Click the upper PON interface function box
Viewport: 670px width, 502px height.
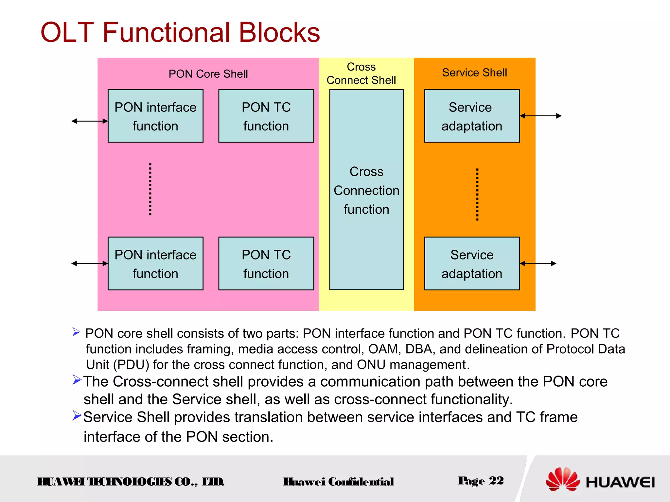point(155,116)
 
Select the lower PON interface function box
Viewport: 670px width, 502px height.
point(155,263)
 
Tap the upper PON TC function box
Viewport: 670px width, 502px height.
point(266,116)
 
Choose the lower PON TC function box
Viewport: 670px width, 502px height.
point(266,263)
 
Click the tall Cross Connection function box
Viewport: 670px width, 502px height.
point(366,190)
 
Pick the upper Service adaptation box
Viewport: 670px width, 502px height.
point(472,116)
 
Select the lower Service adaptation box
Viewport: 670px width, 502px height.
point(472,263)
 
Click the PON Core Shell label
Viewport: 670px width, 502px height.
point(208,74)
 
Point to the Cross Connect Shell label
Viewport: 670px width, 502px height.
point(361,74)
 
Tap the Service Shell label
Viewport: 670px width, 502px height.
point(474,73)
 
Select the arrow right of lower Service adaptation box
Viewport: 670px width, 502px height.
point(538,263)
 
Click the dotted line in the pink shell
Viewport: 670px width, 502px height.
point(150,189)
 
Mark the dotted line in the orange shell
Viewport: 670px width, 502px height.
point(477,194)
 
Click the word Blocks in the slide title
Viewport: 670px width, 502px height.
point(279,32)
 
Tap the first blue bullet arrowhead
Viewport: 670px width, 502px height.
point(76,332)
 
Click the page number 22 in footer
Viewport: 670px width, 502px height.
point(496,480)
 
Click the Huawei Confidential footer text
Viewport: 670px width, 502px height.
point(339,481)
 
